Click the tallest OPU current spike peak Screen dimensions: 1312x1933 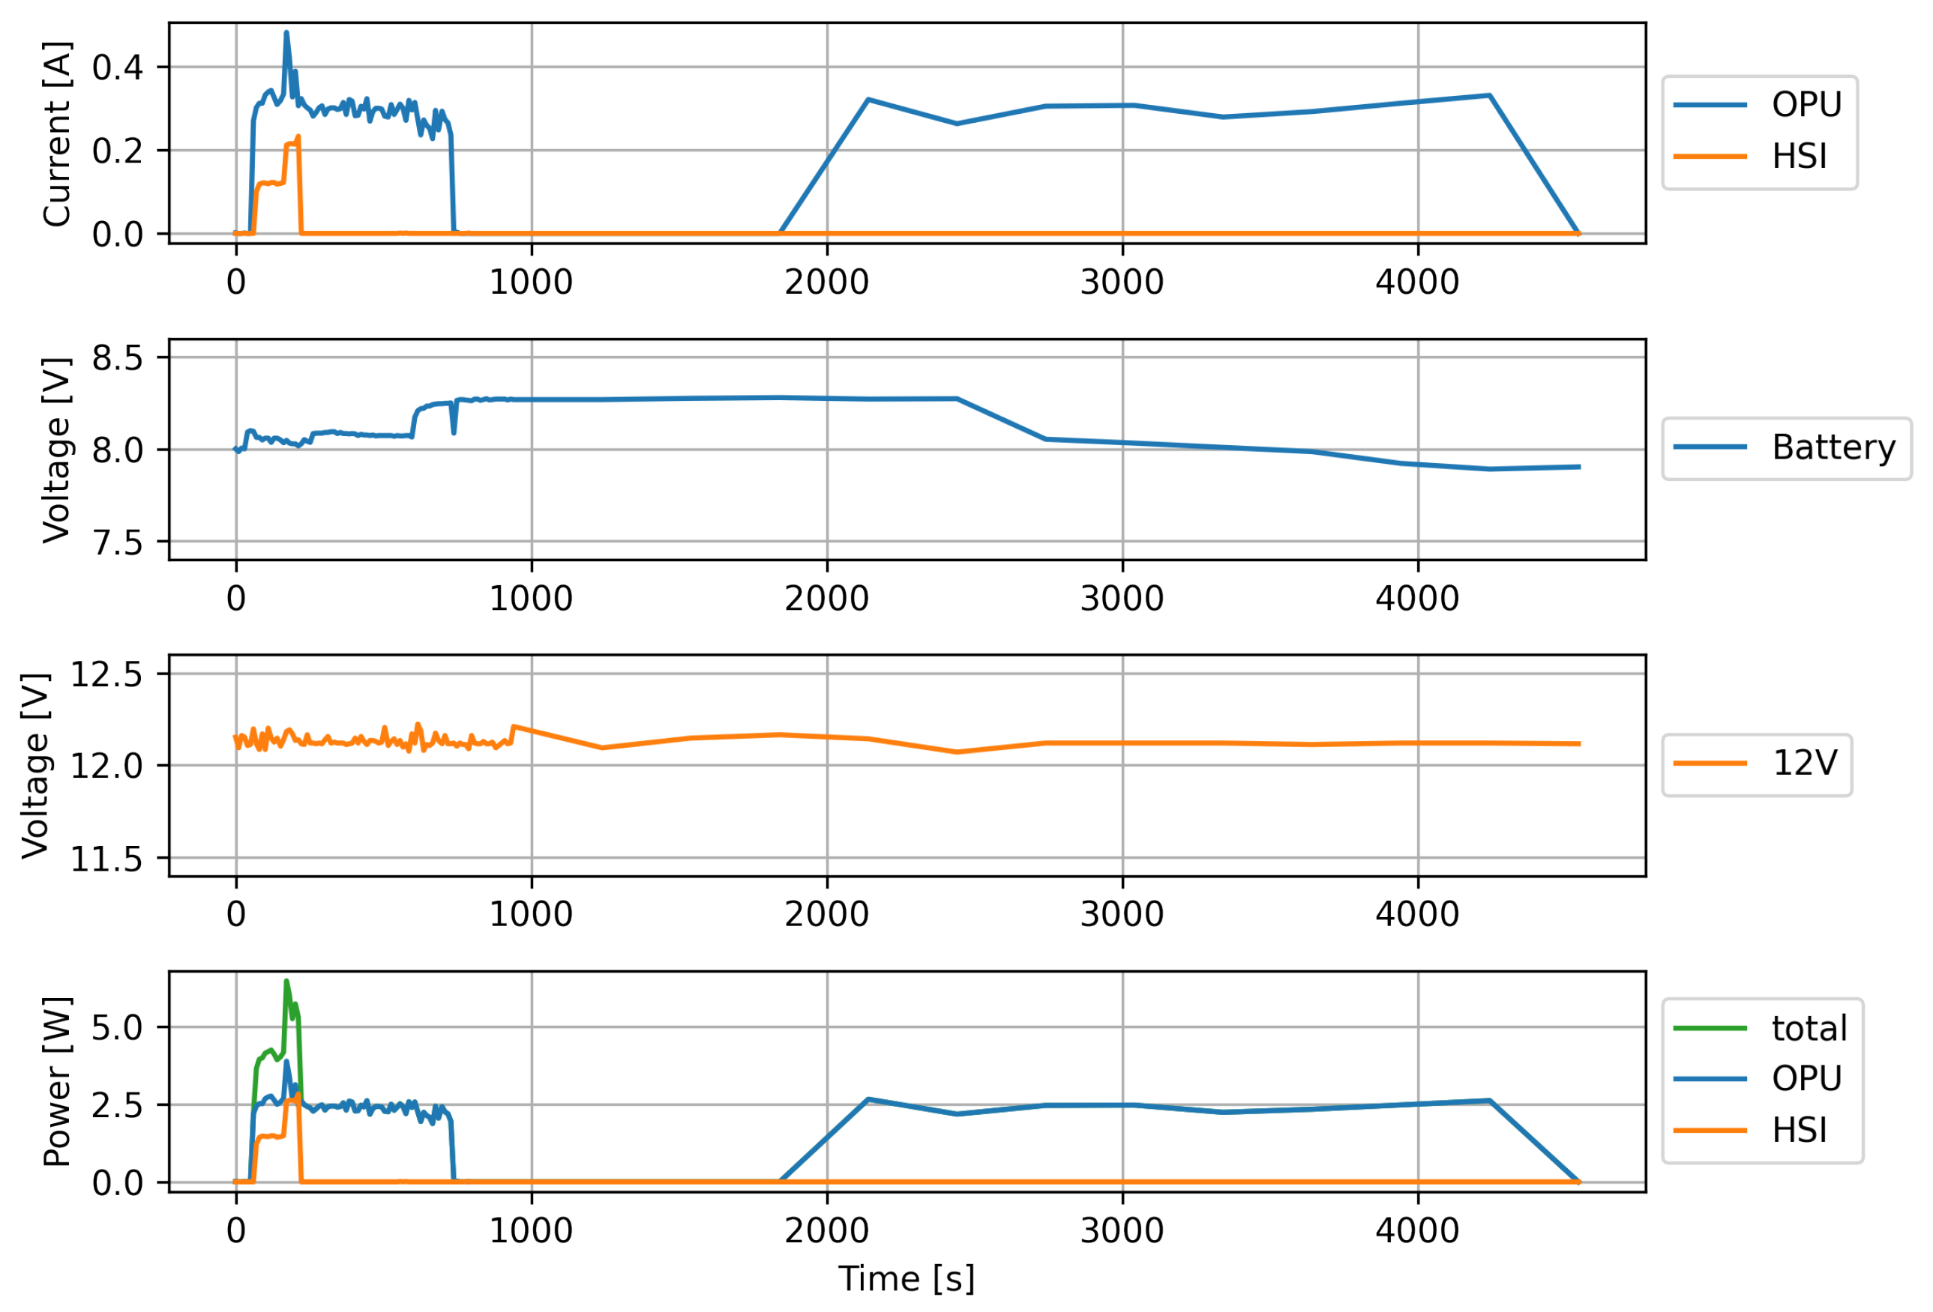tap(287, 33)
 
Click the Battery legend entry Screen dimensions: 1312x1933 tap(1785, 447)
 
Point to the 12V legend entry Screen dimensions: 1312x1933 tap(1757, 763)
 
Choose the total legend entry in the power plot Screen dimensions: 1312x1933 tap(1761, 1030)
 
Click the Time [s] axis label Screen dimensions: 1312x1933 tap(906, 1278)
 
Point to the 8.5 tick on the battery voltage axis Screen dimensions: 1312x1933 tap(117, 358)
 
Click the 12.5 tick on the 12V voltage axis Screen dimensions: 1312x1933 tap(106, 674)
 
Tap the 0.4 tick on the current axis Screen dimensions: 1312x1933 tap(117, 67)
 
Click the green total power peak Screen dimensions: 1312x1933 tap(287, 982)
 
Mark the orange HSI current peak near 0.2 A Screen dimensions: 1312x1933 tap(298, 138)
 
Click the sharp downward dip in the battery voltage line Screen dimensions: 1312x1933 tap(454, 432)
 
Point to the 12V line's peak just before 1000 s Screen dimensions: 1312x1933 tap(513, 727)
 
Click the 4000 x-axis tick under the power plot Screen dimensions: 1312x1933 tap(1416, 1230)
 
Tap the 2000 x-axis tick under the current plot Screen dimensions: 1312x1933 tap(826, 282)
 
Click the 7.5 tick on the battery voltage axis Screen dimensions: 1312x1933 tap(117, 543)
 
